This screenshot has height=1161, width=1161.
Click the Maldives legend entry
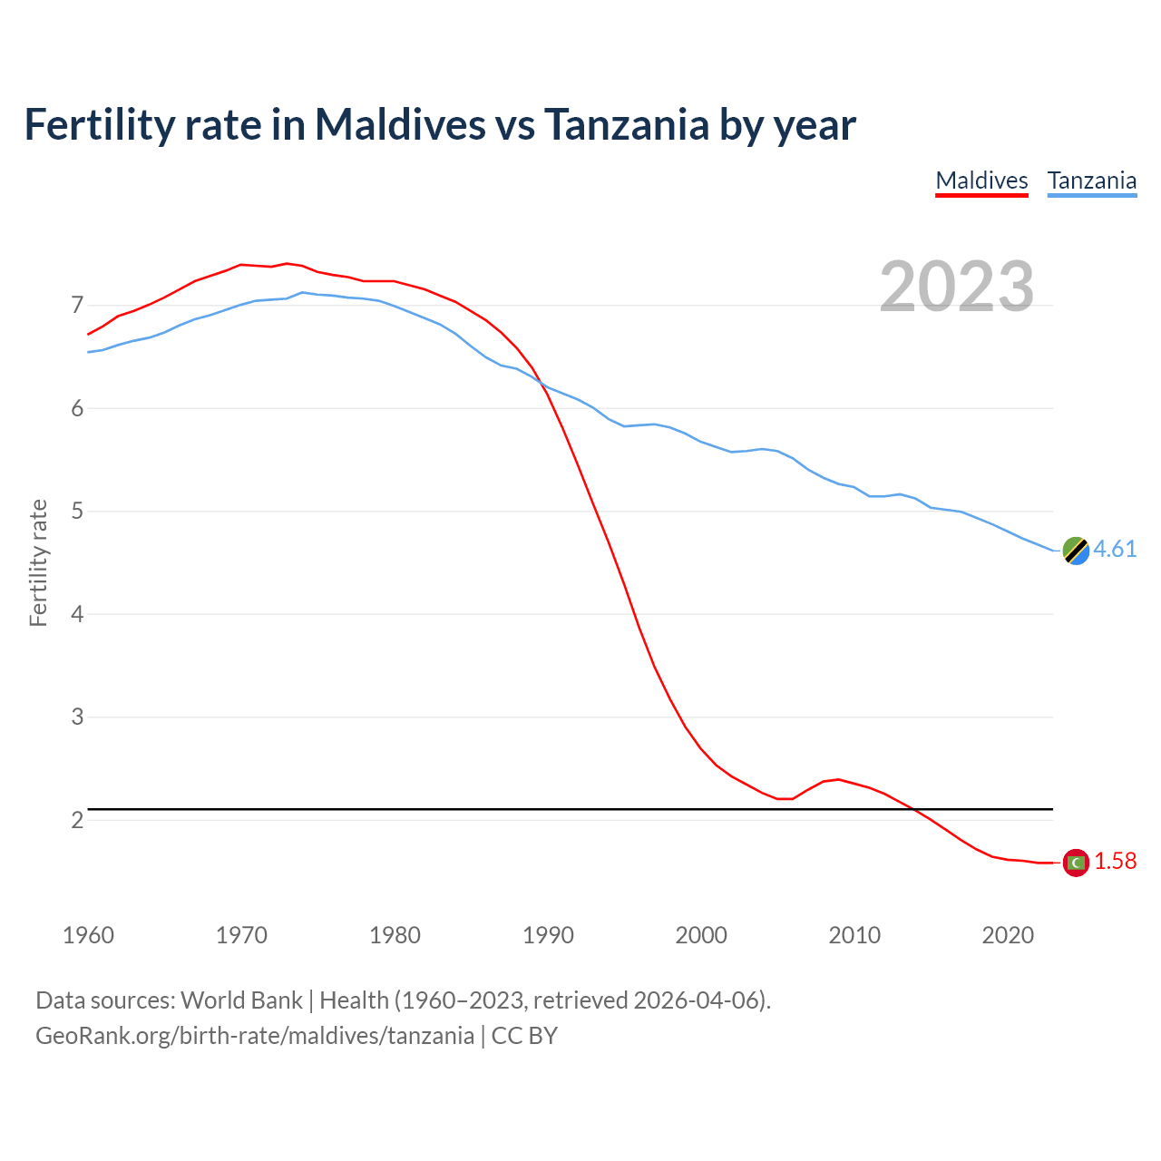(x=981, y=180)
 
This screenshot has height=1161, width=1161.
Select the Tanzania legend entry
(x=1092, y=180)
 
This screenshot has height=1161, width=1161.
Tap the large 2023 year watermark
(x=957, y=287)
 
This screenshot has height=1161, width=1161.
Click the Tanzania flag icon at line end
(x=1076, y=550)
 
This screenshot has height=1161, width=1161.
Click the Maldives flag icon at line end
(x=1076, y=862)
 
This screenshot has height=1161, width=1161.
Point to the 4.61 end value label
(x=1115, y=550)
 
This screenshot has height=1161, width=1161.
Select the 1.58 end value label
(x=1115, y=862)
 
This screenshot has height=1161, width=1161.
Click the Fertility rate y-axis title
(x=38, y=562)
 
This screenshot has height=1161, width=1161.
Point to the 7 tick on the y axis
(x=77, y=306)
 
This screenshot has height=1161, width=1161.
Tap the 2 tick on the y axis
(x=77, y=820)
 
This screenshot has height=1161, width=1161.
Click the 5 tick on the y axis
(x=77, y=512)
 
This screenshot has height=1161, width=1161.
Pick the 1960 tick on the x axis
(x=88, y=935)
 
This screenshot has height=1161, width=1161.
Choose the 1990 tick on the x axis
(x=548, y=935)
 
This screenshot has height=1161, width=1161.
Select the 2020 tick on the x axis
(x=1008, y=935)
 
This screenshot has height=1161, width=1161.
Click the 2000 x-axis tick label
(x=701, y=935)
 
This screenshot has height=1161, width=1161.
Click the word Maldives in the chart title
(x=400, y=124)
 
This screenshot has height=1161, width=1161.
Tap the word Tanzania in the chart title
(x=626, y=124)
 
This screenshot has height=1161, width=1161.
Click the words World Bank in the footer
(x=241, y=1000)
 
